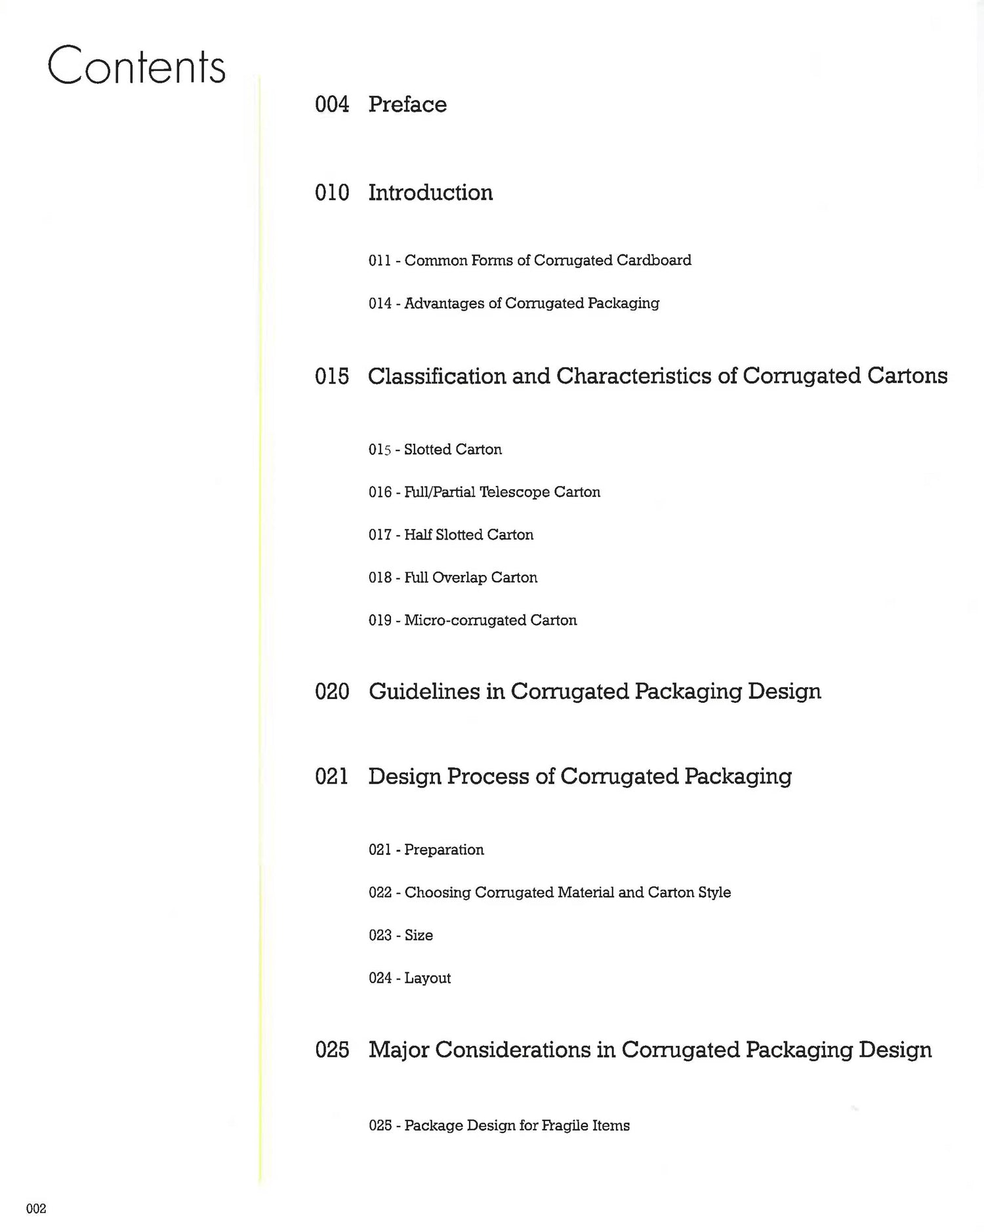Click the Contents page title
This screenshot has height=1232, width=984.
(x=136, y=66)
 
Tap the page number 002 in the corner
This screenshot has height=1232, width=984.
(x=36, y=1208)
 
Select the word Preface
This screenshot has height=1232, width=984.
(x=407, y=104)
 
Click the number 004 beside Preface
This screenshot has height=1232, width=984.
(x=332, y=104)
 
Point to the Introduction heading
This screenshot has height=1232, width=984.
(x=430, y=193)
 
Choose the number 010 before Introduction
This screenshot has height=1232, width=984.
(x=332, y=193)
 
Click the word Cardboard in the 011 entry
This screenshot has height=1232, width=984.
(x=654, y=260)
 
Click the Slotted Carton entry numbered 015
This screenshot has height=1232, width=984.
(x=453, y=450)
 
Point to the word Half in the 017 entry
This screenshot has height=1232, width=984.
(x=418, y=535)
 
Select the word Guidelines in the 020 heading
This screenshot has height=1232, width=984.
(x=424, y=692)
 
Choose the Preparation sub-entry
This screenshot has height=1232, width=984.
(x=443, y=850)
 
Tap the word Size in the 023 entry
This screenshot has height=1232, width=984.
(x=419, y=935)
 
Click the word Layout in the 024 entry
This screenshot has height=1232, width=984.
(x=427, y=978)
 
